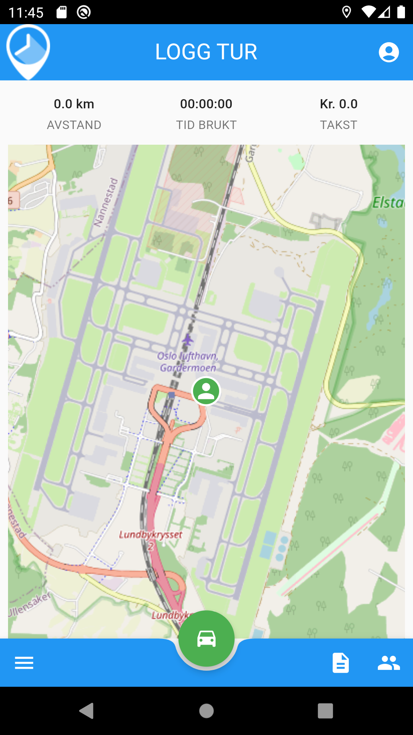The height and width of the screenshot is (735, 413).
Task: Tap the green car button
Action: pyautogui.click(x=206, y=639)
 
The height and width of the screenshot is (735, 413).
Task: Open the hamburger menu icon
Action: pyautogui.click(x=24, y=663)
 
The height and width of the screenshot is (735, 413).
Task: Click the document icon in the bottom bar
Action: pyautogui.click(x=340, y=663)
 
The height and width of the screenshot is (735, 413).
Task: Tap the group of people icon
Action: pyautogui.click(x=389, y=663)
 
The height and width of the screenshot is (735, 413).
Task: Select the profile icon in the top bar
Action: pyautogui.click(x=389, y=52)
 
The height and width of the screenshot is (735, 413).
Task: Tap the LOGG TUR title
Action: pyautogui.click(x=206, y=52)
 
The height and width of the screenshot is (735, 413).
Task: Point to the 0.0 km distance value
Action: pyautogui.click(x=74, y=104)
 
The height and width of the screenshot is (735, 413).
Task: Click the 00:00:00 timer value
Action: pyautogui.click(x=206, y=104)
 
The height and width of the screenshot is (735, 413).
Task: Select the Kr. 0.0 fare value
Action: pyautogui.click(x=338, y=104)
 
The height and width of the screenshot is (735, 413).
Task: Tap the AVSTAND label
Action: pyautogui.click(x=74, y=125)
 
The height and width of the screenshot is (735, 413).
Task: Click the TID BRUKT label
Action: pyautogui.click(x=206, y=125)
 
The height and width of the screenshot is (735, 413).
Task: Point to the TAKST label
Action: pyautogui.click(x=338, y=125)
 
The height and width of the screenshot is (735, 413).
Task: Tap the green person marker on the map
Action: pyautogui.click(x=206, y=391)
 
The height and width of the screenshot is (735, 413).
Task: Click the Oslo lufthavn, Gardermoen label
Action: pyautogui.click(x=188, y=362)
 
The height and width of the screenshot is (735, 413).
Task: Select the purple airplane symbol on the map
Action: pyautogui.click(x=187, y=340)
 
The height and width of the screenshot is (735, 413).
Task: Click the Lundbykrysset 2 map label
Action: pyautogui.click(x=151, y=538)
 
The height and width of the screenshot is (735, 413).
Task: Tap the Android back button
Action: pyautogui.click(x=87, y=711)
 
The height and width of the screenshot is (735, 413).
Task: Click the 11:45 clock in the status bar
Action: pyautogui.click(x=26, y=13)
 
